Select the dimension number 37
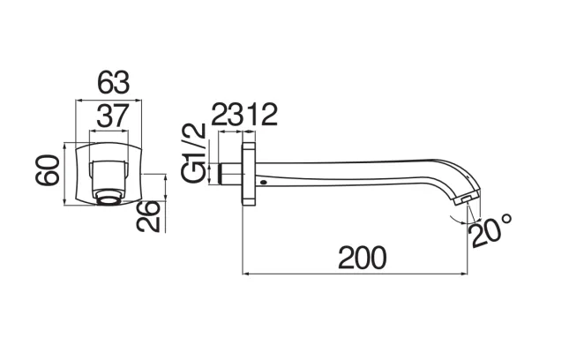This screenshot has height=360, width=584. pyautogui.click(x=113, y=116)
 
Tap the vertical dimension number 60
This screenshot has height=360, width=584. pyautogui.click(x=48, y=170)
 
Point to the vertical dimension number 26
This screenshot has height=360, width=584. pyautogui.click(x=148, y=216)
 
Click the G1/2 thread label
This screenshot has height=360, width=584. pyautogui.click(x=194, y=153)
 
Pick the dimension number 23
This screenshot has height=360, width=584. pyautogui.click(x=228, y=115)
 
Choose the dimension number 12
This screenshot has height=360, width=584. pyautogui.click(x=262, y=115)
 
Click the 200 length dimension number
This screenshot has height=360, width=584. pyautogui.click(x=363, y=258)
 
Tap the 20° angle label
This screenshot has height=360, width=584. pyautogui.click(x=490, y=230)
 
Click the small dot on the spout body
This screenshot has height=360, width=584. pyautogui.click(x=264, y=183)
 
